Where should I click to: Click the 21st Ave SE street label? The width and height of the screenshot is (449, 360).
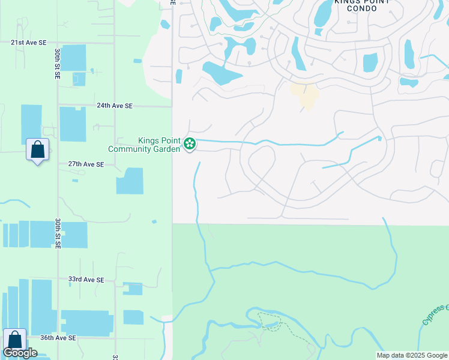coord(29,43)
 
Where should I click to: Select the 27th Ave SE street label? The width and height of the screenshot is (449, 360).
coord(86,164)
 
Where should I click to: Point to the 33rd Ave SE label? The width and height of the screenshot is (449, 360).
coord(86,280)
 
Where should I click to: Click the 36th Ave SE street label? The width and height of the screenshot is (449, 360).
coord(58,338)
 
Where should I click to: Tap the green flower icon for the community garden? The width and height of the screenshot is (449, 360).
coord(190,143)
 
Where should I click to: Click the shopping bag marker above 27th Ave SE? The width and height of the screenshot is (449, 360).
coord(37,149)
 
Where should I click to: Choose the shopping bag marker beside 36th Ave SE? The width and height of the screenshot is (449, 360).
coord(14,340)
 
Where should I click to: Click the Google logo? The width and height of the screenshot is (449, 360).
coord(20,353)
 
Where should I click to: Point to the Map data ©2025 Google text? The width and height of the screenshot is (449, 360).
coord(411,355)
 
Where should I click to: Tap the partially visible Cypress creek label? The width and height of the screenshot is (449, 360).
coord(435,314)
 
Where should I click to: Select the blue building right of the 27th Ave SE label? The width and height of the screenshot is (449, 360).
coord(130,181)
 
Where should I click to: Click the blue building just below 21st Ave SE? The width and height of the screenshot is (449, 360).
coord(73,57)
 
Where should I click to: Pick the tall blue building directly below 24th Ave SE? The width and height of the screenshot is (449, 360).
coord(73,125)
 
